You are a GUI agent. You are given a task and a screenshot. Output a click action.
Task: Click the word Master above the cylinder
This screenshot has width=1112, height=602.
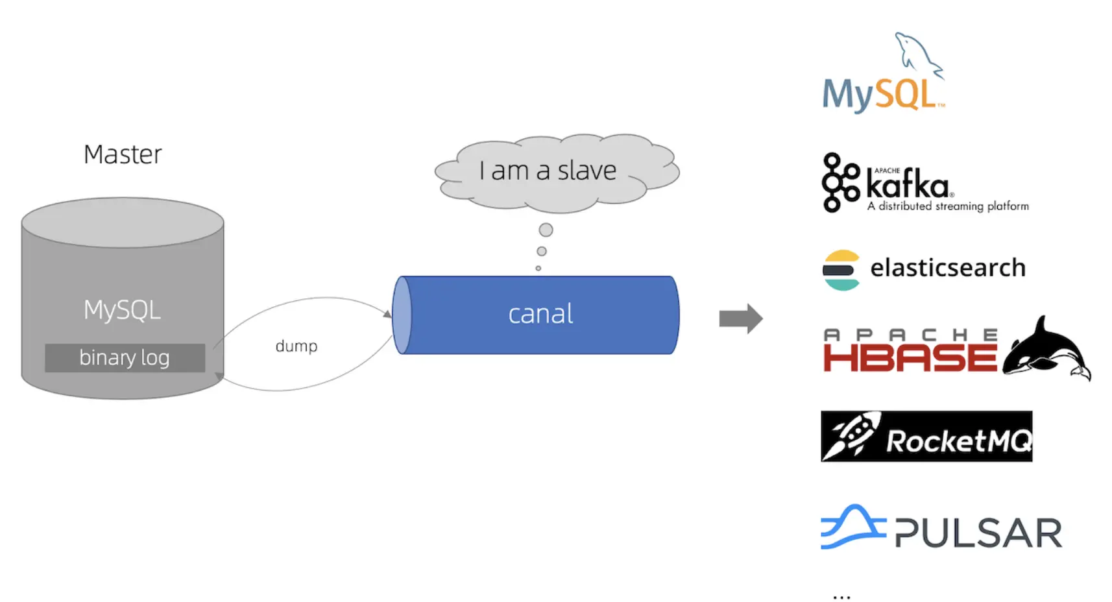coord(123,154)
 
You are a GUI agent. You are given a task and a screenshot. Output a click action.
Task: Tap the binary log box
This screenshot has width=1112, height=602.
coord(125,357)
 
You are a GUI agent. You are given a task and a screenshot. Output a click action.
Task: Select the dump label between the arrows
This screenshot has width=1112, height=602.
coord(296,346)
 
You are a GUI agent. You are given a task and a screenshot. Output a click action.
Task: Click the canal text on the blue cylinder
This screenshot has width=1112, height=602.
coord(540,314)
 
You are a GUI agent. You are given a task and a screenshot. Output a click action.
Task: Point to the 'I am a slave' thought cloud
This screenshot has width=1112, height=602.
coord(548,171)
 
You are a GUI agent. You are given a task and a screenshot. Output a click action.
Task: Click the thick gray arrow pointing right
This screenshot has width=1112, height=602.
coord(740,319)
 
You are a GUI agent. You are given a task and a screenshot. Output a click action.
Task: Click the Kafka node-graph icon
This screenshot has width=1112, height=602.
coord(840,182)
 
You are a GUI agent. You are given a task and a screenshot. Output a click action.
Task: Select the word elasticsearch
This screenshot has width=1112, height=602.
coord(947,267)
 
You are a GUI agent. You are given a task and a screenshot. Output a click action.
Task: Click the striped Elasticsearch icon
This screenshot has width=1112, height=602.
coord(841,270)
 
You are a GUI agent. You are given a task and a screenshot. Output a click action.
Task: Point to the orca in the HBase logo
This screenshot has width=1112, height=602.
coord(1045,349)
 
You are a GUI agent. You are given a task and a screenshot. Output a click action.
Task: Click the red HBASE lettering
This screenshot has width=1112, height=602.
coord(910,357)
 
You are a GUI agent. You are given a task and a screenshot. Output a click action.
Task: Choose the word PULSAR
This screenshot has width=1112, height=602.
coord(978,533)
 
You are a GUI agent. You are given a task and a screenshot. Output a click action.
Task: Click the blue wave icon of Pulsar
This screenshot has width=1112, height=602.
coord(852,527)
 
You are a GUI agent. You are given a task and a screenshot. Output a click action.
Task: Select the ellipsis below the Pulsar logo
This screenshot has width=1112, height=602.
coord(841,596)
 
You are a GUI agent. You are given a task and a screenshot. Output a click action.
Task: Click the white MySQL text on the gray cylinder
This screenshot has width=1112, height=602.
coord(122,310)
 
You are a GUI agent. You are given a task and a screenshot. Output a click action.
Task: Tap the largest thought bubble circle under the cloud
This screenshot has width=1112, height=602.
coord(546,230)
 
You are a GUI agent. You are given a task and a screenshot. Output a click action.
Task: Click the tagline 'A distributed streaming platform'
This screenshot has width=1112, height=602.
coord(948,206)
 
